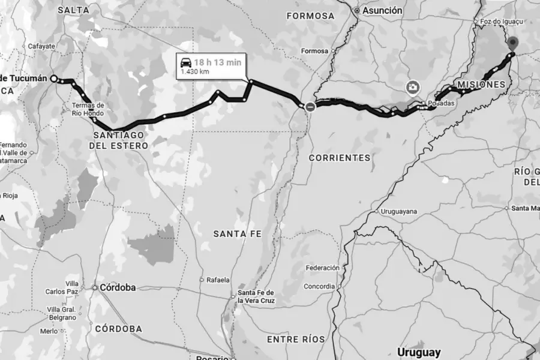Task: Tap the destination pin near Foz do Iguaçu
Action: pos(512,43)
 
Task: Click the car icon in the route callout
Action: pos(185,62)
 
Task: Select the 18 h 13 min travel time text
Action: pos(217,62)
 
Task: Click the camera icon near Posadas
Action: pos(412,88)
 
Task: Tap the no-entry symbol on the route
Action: pos(310,106)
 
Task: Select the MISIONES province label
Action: pos(481,85)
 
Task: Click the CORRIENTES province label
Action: pos(339,157)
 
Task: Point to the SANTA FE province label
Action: pos(238,232)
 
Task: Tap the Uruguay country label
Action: pos(418,352)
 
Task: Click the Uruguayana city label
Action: pos(398,212)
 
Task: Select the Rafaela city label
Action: pos(218,280)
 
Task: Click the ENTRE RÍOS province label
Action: pos(296,339)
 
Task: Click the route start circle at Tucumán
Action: pos(54,79)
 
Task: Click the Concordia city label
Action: pos(319,286)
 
